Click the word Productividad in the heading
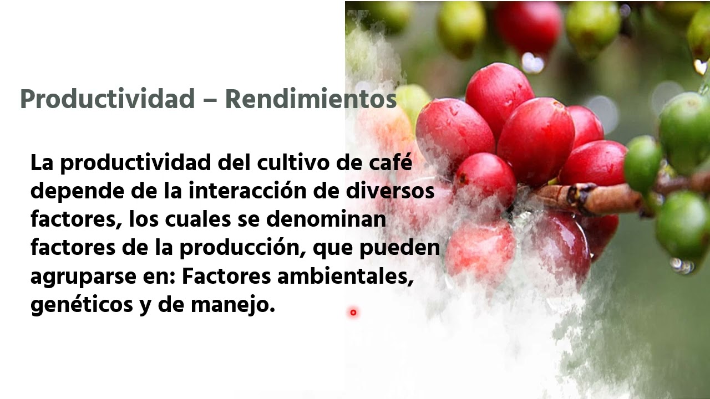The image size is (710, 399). [107, 99]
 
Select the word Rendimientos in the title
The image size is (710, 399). [311, 99]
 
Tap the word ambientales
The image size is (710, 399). [346, 277]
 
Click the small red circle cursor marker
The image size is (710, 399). [353, 313]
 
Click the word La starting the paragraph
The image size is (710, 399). [43, 163]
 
